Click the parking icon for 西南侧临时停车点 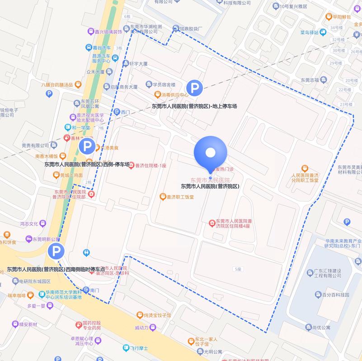56,251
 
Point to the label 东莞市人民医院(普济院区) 210,186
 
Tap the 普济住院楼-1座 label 151,166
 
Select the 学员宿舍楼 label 164,84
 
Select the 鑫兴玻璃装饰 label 108,32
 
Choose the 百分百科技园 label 335,295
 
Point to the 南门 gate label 94,290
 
